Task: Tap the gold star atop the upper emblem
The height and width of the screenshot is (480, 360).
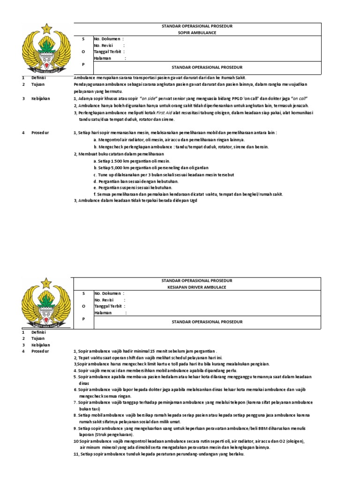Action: point(46,29)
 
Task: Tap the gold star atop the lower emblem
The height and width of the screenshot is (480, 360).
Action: point(46,283)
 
